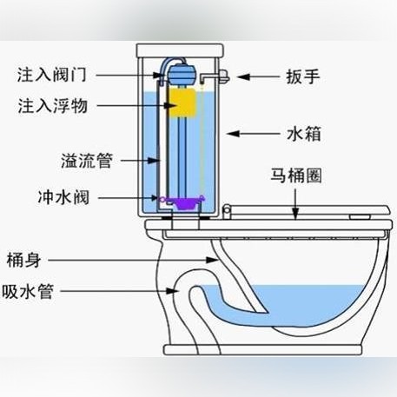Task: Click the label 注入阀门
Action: (52, 75)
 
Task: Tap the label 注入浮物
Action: (53, 106)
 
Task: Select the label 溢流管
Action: (87, 161)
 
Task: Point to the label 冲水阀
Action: (63, 198)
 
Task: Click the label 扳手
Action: (303, 76)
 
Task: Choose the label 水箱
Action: (304, 134)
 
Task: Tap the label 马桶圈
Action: (296, 175)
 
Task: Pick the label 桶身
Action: (23, 260)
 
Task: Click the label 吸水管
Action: (28, 291)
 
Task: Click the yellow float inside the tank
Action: (182, 103)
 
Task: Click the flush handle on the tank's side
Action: (215, 77)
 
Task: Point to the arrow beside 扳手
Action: (258, 77)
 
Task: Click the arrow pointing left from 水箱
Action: (254, 134)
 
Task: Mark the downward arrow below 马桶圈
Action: (295, 204)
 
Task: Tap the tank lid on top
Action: (180, 50)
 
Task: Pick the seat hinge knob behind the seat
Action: (227, 211)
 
